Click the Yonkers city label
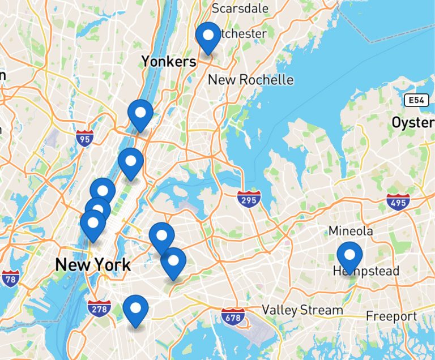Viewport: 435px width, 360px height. pyautogui.click(x=169, y=61)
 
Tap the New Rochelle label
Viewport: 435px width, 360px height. pyautogui.click(x=250, y=80)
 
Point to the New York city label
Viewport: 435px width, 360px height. pyautogui.click(x=92, y=264)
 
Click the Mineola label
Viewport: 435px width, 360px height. pyautogui.click(x=351, y=231)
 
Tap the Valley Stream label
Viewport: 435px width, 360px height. pyautogui.click(x=302, y=310)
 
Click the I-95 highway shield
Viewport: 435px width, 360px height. pyautogui.click(x=84, y=138)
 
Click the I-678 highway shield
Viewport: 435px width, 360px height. pyautogui.click(x=233, y=316)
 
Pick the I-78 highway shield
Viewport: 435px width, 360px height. pyautogui.click(x=10, y=278)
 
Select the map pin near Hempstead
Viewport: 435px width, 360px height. pyautogui.click(x=349, y=255)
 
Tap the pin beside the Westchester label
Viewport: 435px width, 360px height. pyautogui.click(x=208, y=36)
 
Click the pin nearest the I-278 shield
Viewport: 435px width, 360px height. pyautogui.click(x=135, y=309)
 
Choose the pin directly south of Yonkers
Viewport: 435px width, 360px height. pyautogui.click(x=140, y=113)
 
